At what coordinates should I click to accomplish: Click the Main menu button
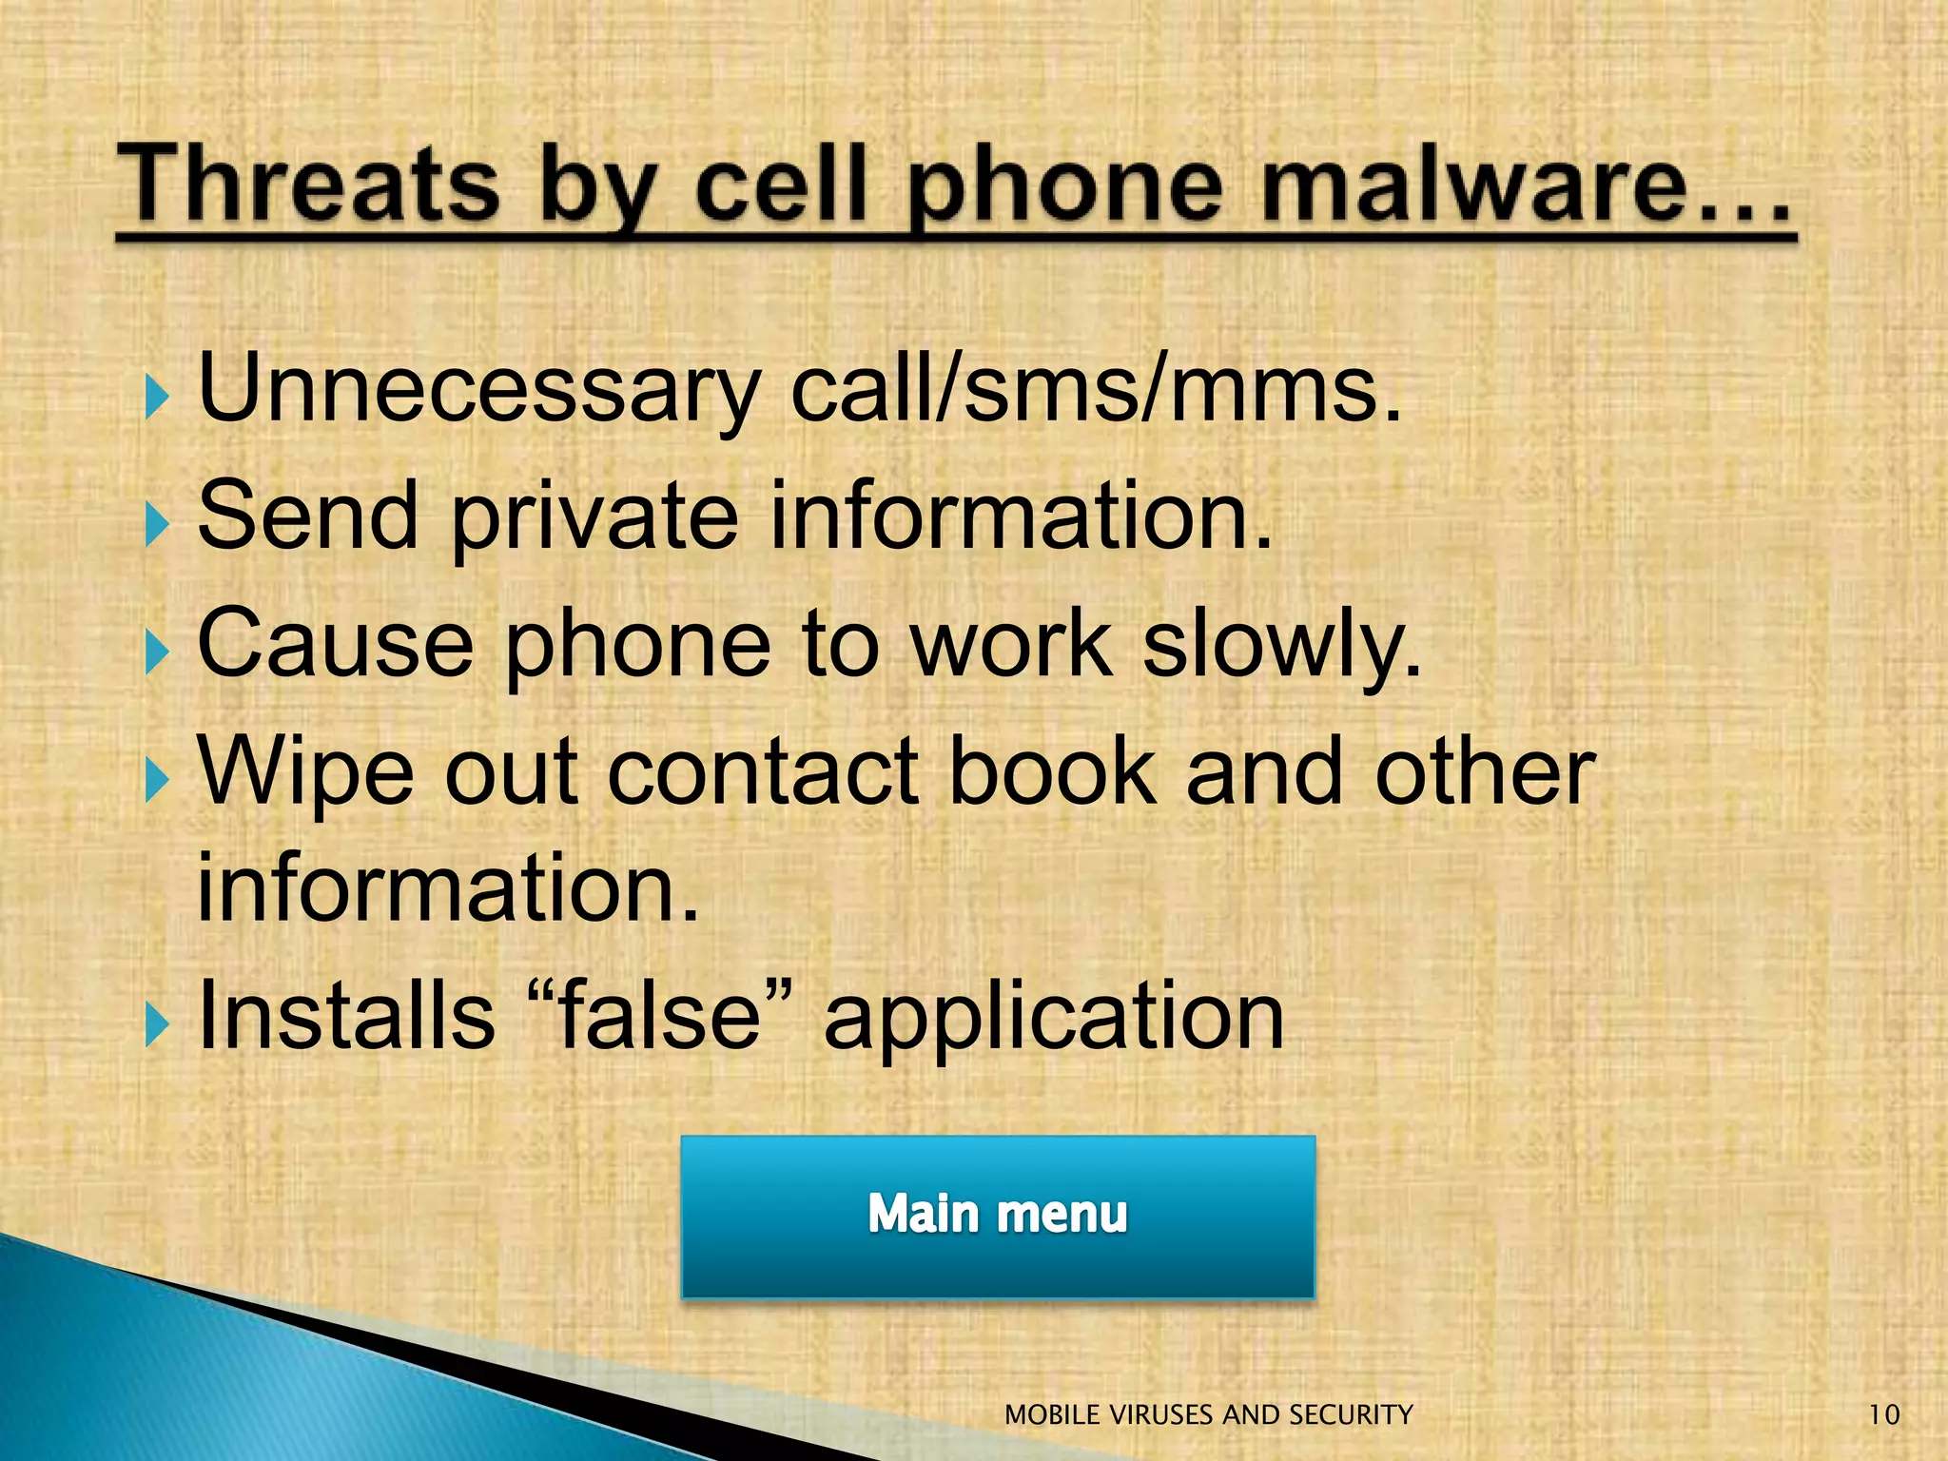click(998, 1216)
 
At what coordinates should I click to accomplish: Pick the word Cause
click(335, 644)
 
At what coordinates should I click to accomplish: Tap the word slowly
click(1281, 644)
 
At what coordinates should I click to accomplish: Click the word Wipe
click(305, 771)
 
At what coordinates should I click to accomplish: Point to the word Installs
click(346, 1016)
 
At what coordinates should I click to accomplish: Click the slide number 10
click(1883, 1415)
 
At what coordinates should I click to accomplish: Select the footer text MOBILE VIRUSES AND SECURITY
click(1208, 1415)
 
